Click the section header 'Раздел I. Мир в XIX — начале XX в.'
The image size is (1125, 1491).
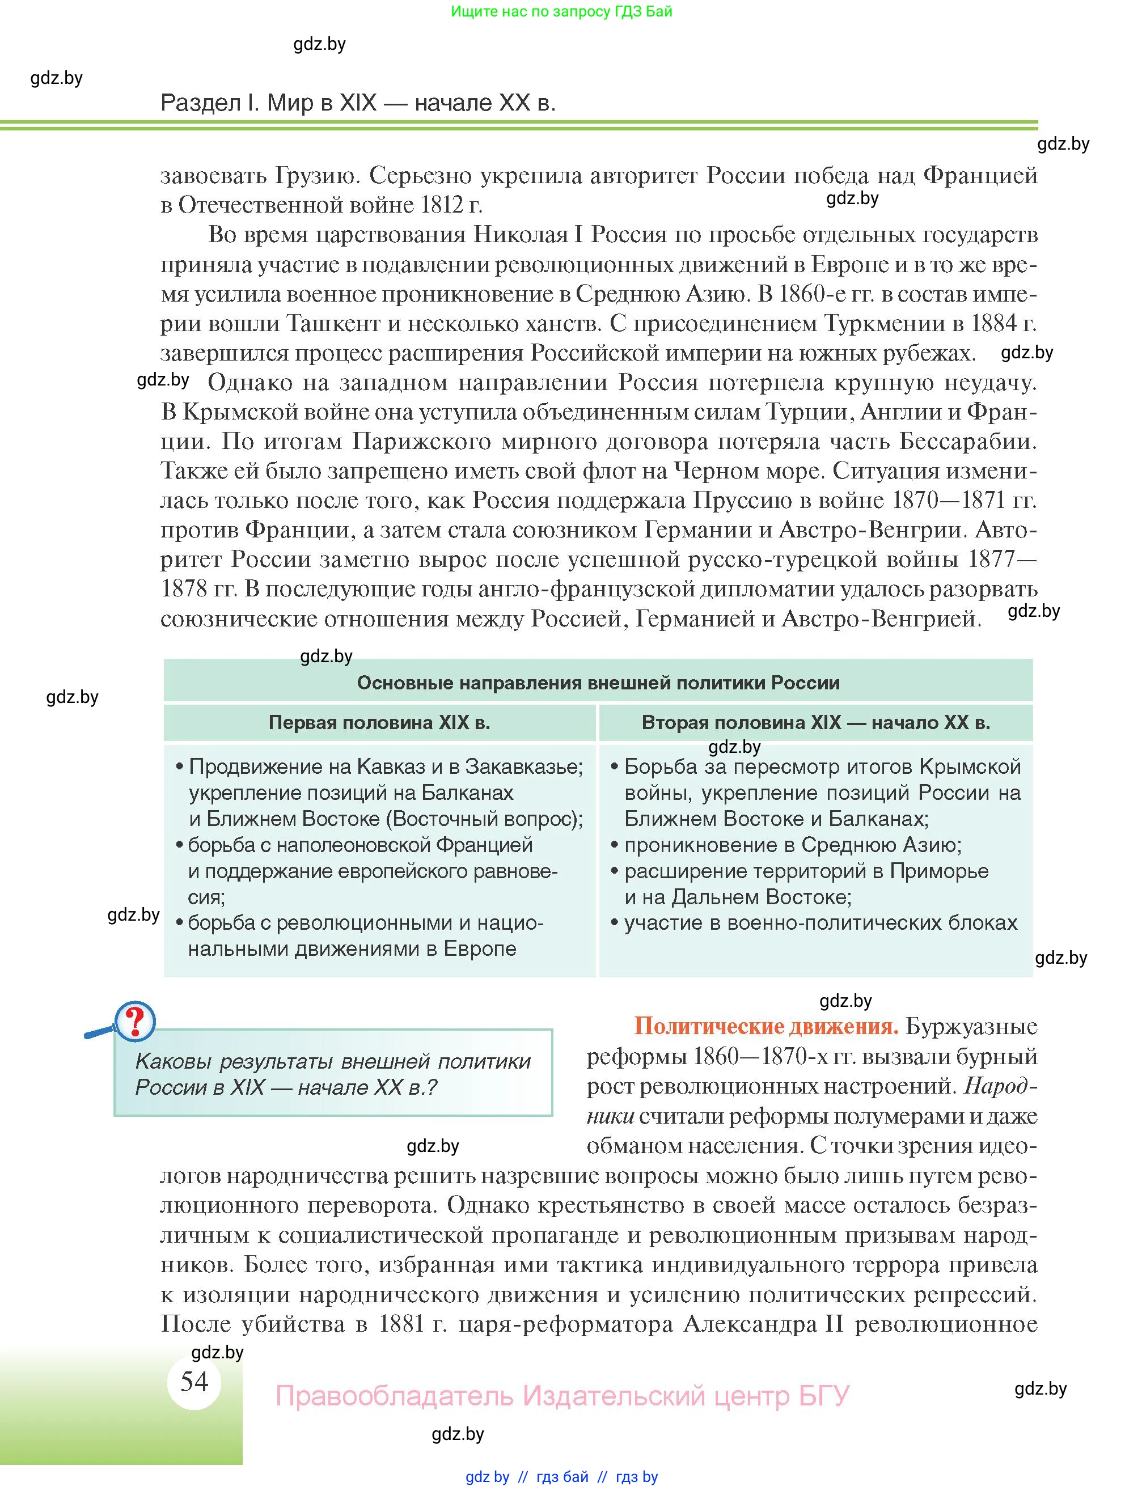358,103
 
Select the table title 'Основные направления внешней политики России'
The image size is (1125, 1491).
598,683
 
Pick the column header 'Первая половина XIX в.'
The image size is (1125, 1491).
379,723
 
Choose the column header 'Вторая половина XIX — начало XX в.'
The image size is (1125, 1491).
815,723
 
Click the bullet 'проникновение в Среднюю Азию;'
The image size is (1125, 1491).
793,845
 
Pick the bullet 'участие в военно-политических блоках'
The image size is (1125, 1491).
821,923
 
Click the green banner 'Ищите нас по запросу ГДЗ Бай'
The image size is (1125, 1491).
561,11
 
